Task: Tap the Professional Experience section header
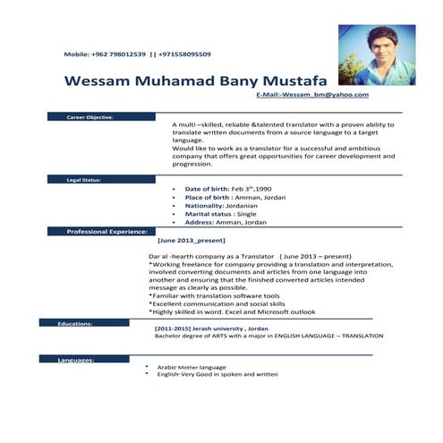[x=106, y=231]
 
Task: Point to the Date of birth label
[x=207, y=191]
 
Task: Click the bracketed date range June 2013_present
[x=191, y=241]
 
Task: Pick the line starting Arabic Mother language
[x=192, y=367]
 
